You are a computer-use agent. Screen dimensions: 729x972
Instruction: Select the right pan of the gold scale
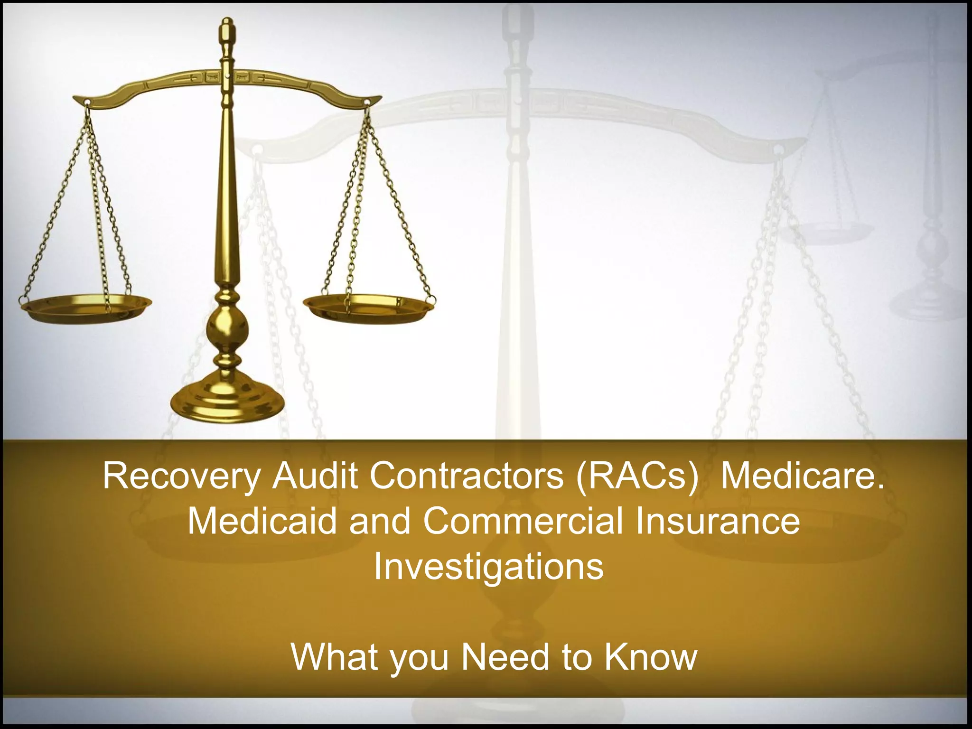(368, 306)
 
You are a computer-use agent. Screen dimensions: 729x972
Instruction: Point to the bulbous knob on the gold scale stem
(227, 327)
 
